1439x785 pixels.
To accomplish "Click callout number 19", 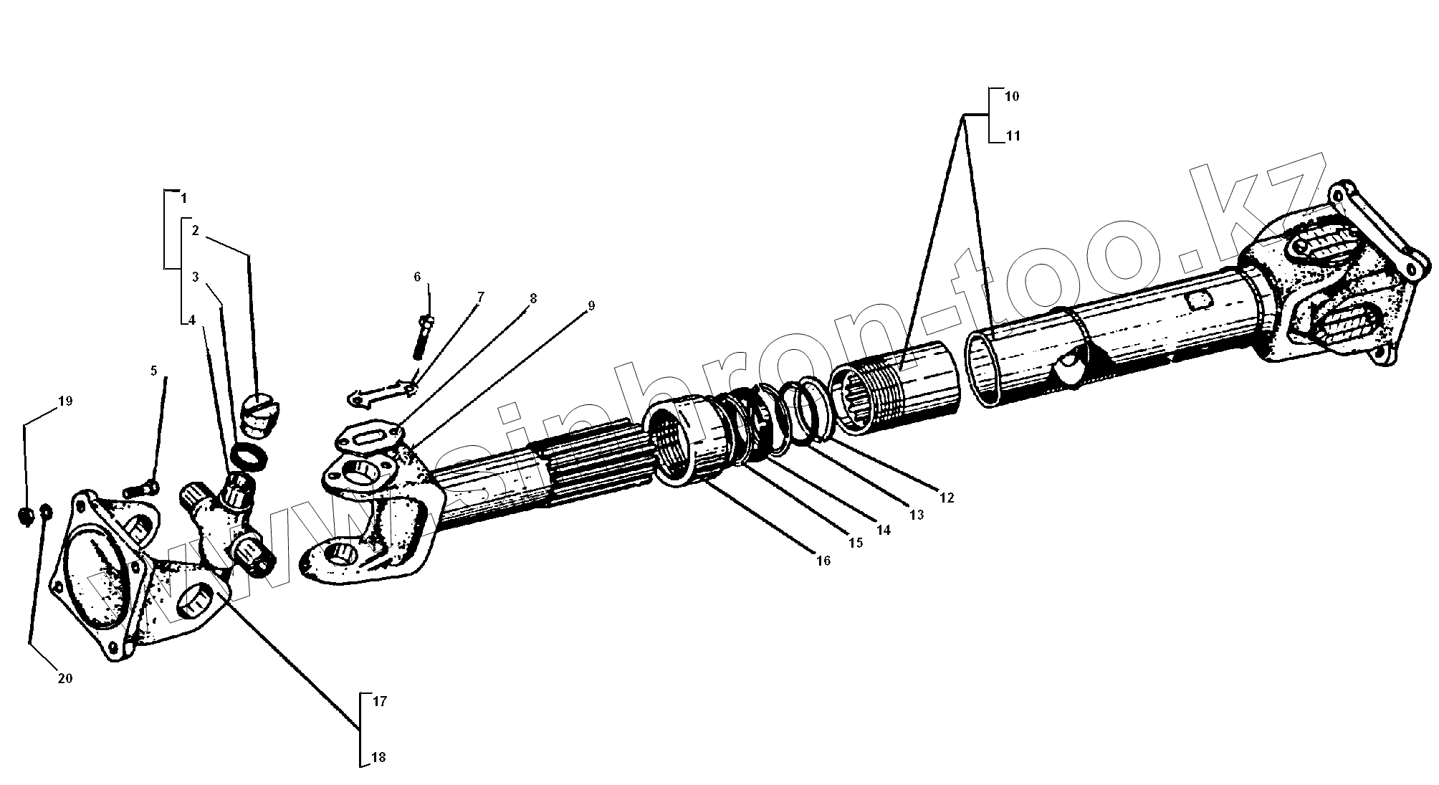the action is coord(65,401).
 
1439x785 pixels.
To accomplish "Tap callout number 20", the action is coord(65,678).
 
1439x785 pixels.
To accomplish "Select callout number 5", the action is coord(153,371).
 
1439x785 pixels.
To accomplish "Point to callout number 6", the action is coord(417,277).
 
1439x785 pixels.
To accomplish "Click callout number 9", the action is coord(591,306).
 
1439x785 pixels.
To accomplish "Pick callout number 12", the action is coord(947,498).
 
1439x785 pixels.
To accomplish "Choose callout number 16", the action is coord(823,561).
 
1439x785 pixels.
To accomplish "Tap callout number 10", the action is coord(1012,97).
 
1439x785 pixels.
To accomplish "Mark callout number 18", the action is coord(379,758).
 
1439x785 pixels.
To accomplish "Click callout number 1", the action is coord(184,197).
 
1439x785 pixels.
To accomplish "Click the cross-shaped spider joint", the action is coord(224,518).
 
